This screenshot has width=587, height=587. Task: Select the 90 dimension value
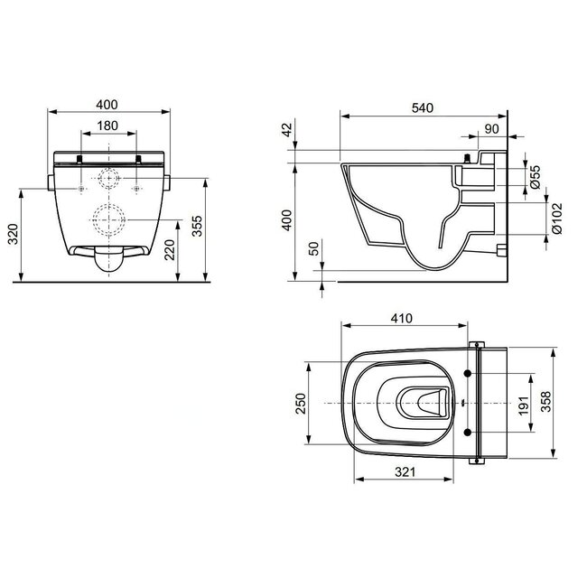click(x=492, y=129)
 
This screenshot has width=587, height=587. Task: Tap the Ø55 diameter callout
click(x=535, y=175)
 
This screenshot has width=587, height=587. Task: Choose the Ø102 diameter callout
click(x=535, y=219)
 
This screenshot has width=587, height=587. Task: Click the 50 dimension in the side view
click(x=312, y=250)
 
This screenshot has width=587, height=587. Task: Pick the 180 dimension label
click(x=107, y=125)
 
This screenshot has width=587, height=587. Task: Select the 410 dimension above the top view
click(x=403, y=319)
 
